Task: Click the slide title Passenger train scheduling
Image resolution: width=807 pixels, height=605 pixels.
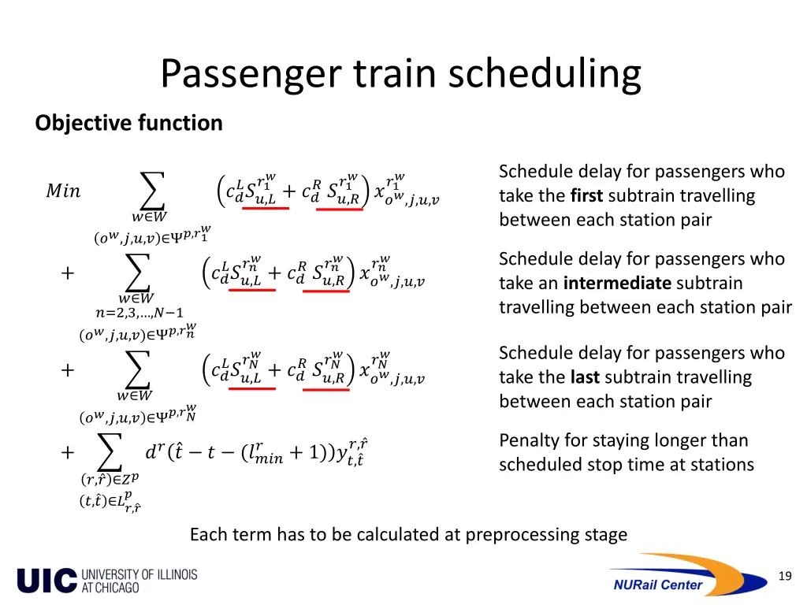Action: (401, 75)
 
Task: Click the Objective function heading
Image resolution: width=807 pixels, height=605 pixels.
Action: (128, 123)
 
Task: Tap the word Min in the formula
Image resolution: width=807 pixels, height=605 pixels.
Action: (63, 191)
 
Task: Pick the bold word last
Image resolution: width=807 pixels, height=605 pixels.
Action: (586, 378)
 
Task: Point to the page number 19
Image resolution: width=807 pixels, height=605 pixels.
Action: (784, 577)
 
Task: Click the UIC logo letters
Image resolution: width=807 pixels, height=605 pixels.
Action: (46, 581)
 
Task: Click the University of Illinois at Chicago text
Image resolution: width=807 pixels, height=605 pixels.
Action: (139, 581)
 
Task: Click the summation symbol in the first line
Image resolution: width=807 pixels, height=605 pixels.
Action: (151, 190)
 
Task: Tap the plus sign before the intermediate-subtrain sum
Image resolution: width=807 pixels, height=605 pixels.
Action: (68, 273)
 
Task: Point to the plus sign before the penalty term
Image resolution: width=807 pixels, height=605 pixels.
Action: (68, 453)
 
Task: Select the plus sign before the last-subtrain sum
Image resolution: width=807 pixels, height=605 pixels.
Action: (68, 370)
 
